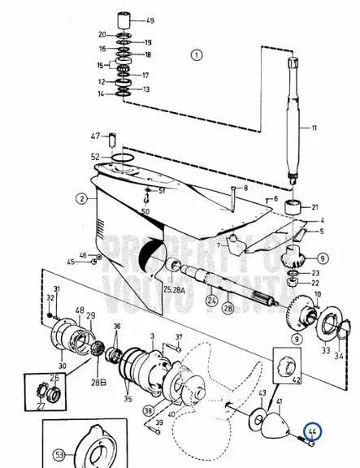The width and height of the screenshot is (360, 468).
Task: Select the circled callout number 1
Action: click(196, 55)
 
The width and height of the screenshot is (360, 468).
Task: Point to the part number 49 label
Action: click(150, 20)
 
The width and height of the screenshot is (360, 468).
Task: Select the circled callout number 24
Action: click(212, 300)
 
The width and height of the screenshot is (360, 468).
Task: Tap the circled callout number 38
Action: click(148, 411)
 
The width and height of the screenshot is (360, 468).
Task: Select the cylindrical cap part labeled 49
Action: click(128, 19)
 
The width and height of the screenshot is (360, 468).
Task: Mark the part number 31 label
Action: click(56, 290)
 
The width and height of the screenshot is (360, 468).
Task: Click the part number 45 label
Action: click(70, 261)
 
